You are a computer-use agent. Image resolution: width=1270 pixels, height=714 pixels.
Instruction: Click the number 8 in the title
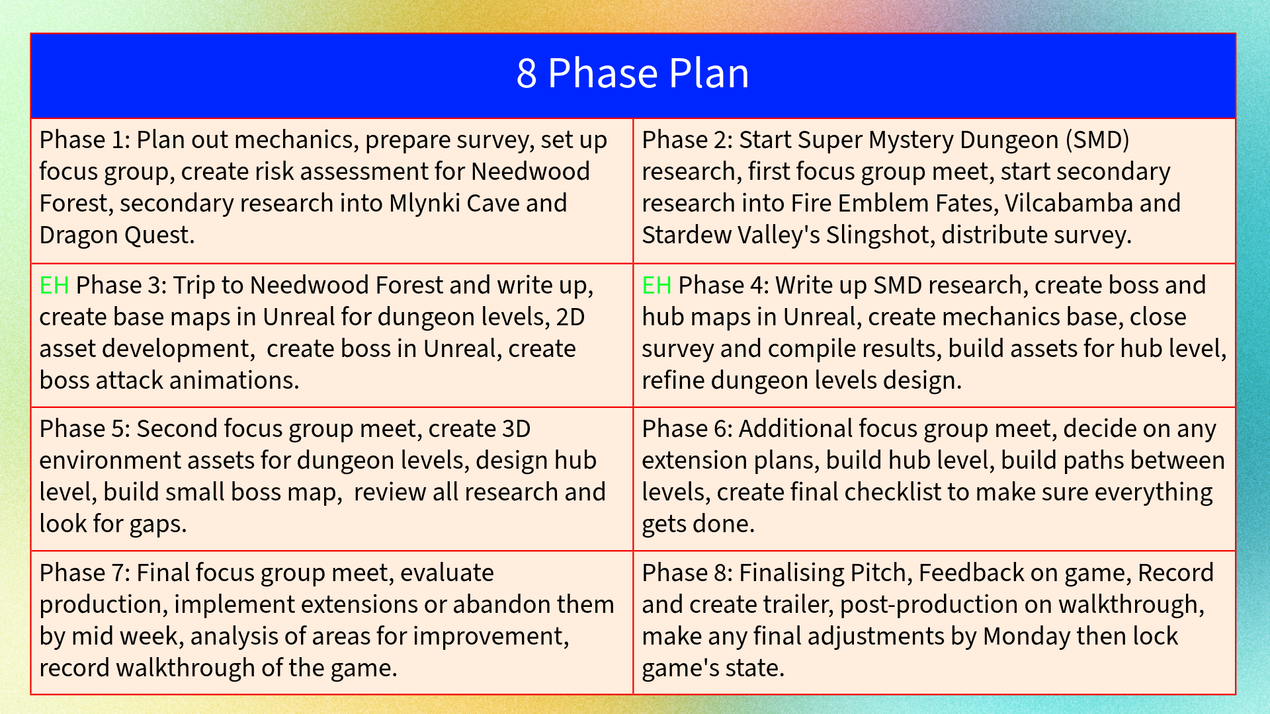tap(527, 73)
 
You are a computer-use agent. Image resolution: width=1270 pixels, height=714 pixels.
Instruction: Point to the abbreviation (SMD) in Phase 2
tap(1097, 140)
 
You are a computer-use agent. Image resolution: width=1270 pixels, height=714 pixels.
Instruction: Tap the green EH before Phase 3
tap(54, 286)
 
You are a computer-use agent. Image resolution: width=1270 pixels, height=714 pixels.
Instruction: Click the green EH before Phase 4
tap(657, 286)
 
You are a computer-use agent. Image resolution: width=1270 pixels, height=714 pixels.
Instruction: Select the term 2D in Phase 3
tap(571, 317)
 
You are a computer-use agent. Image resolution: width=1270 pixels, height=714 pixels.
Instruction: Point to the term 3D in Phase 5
tap(516, 429)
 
